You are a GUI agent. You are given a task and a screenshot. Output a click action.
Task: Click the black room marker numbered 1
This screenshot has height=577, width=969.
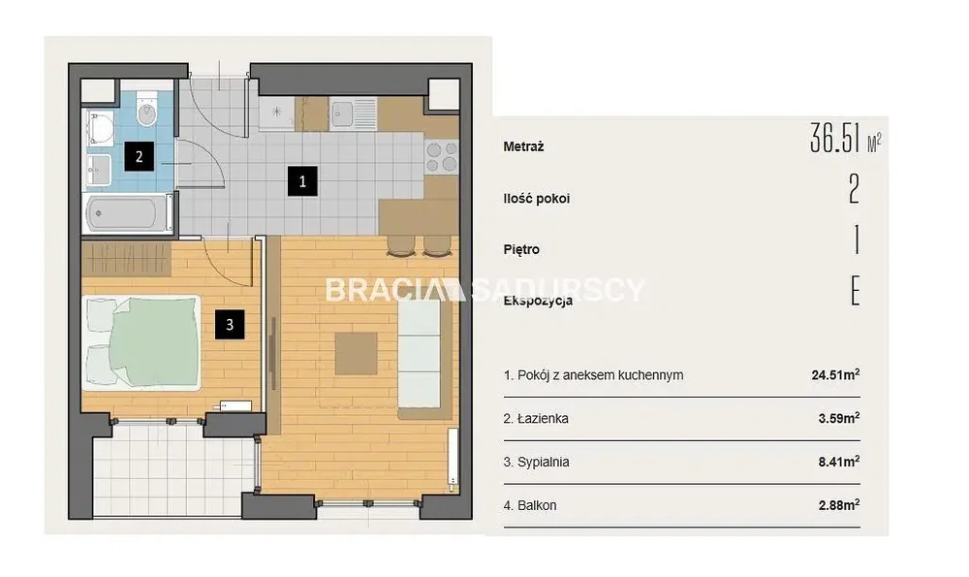click(x=302, y=181)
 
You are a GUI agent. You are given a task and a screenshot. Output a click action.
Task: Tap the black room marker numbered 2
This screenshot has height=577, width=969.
click(x=139, y=156)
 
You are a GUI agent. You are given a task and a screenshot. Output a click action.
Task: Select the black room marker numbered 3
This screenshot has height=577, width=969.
click(x=230, y=325)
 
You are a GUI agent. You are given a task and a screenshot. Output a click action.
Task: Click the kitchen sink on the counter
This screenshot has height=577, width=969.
click(x=353, y=113)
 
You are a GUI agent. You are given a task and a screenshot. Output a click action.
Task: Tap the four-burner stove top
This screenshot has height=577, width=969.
click(x=442, y=156)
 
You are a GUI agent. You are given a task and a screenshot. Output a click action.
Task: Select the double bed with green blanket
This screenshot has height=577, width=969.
click(x=141, y=343)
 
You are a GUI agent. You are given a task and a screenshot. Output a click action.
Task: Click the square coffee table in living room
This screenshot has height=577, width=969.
click(x=356, y=353)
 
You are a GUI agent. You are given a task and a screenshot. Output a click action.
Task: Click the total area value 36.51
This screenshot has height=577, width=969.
click(x=835, y=138)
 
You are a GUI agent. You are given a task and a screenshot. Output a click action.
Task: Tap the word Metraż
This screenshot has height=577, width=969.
click(x=523, y=147)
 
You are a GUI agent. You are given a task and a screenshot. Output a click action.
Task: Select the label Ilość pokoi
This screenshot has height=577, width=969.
click(x=537, y=199)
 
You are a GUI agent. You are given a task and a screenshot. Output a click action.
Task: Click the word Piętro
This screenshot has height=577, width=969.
click(x=521, y=250)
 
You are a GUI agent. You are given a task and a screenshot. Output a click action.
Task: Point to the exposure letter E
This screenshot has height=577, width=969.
click(x=856, y=291)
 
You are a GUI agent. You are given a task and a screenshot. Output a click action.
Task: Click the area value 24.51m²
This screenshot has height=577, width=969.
click(x=835, y=374)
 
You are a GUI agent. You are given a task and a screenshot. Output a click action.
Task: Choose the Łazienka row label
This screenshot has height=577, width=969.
click(x=536, y=419)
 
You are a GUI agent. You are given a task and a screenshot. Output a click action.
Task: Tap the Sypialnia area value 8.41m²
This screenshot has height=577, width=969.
click(x=839, y=462)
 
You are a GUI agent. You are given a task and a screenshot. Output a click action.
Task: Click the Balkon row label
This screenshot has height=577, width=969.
click(x=530, y=505)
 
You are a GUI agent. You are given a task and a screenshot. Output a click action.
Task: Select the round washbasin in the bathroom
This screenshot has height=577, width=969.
click(x=99, y=129)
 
